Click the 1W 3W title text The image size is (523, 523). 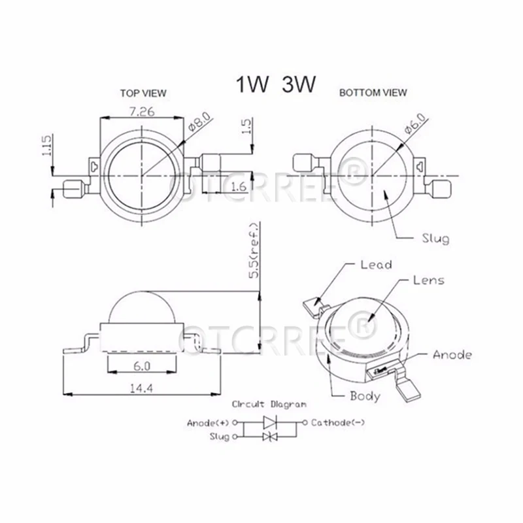click(x=275, y=86)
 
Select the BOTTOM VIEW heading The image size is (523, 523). click(x=373, y=93)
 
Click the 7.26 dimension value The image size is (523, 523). click(x=141, y=112)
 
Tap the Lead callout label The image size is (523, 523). click(x=376, y=265)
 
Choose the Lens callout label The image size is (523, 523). click(x=429, y=280)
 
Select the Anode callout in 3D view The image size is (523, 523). click(x=452, y=355)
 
